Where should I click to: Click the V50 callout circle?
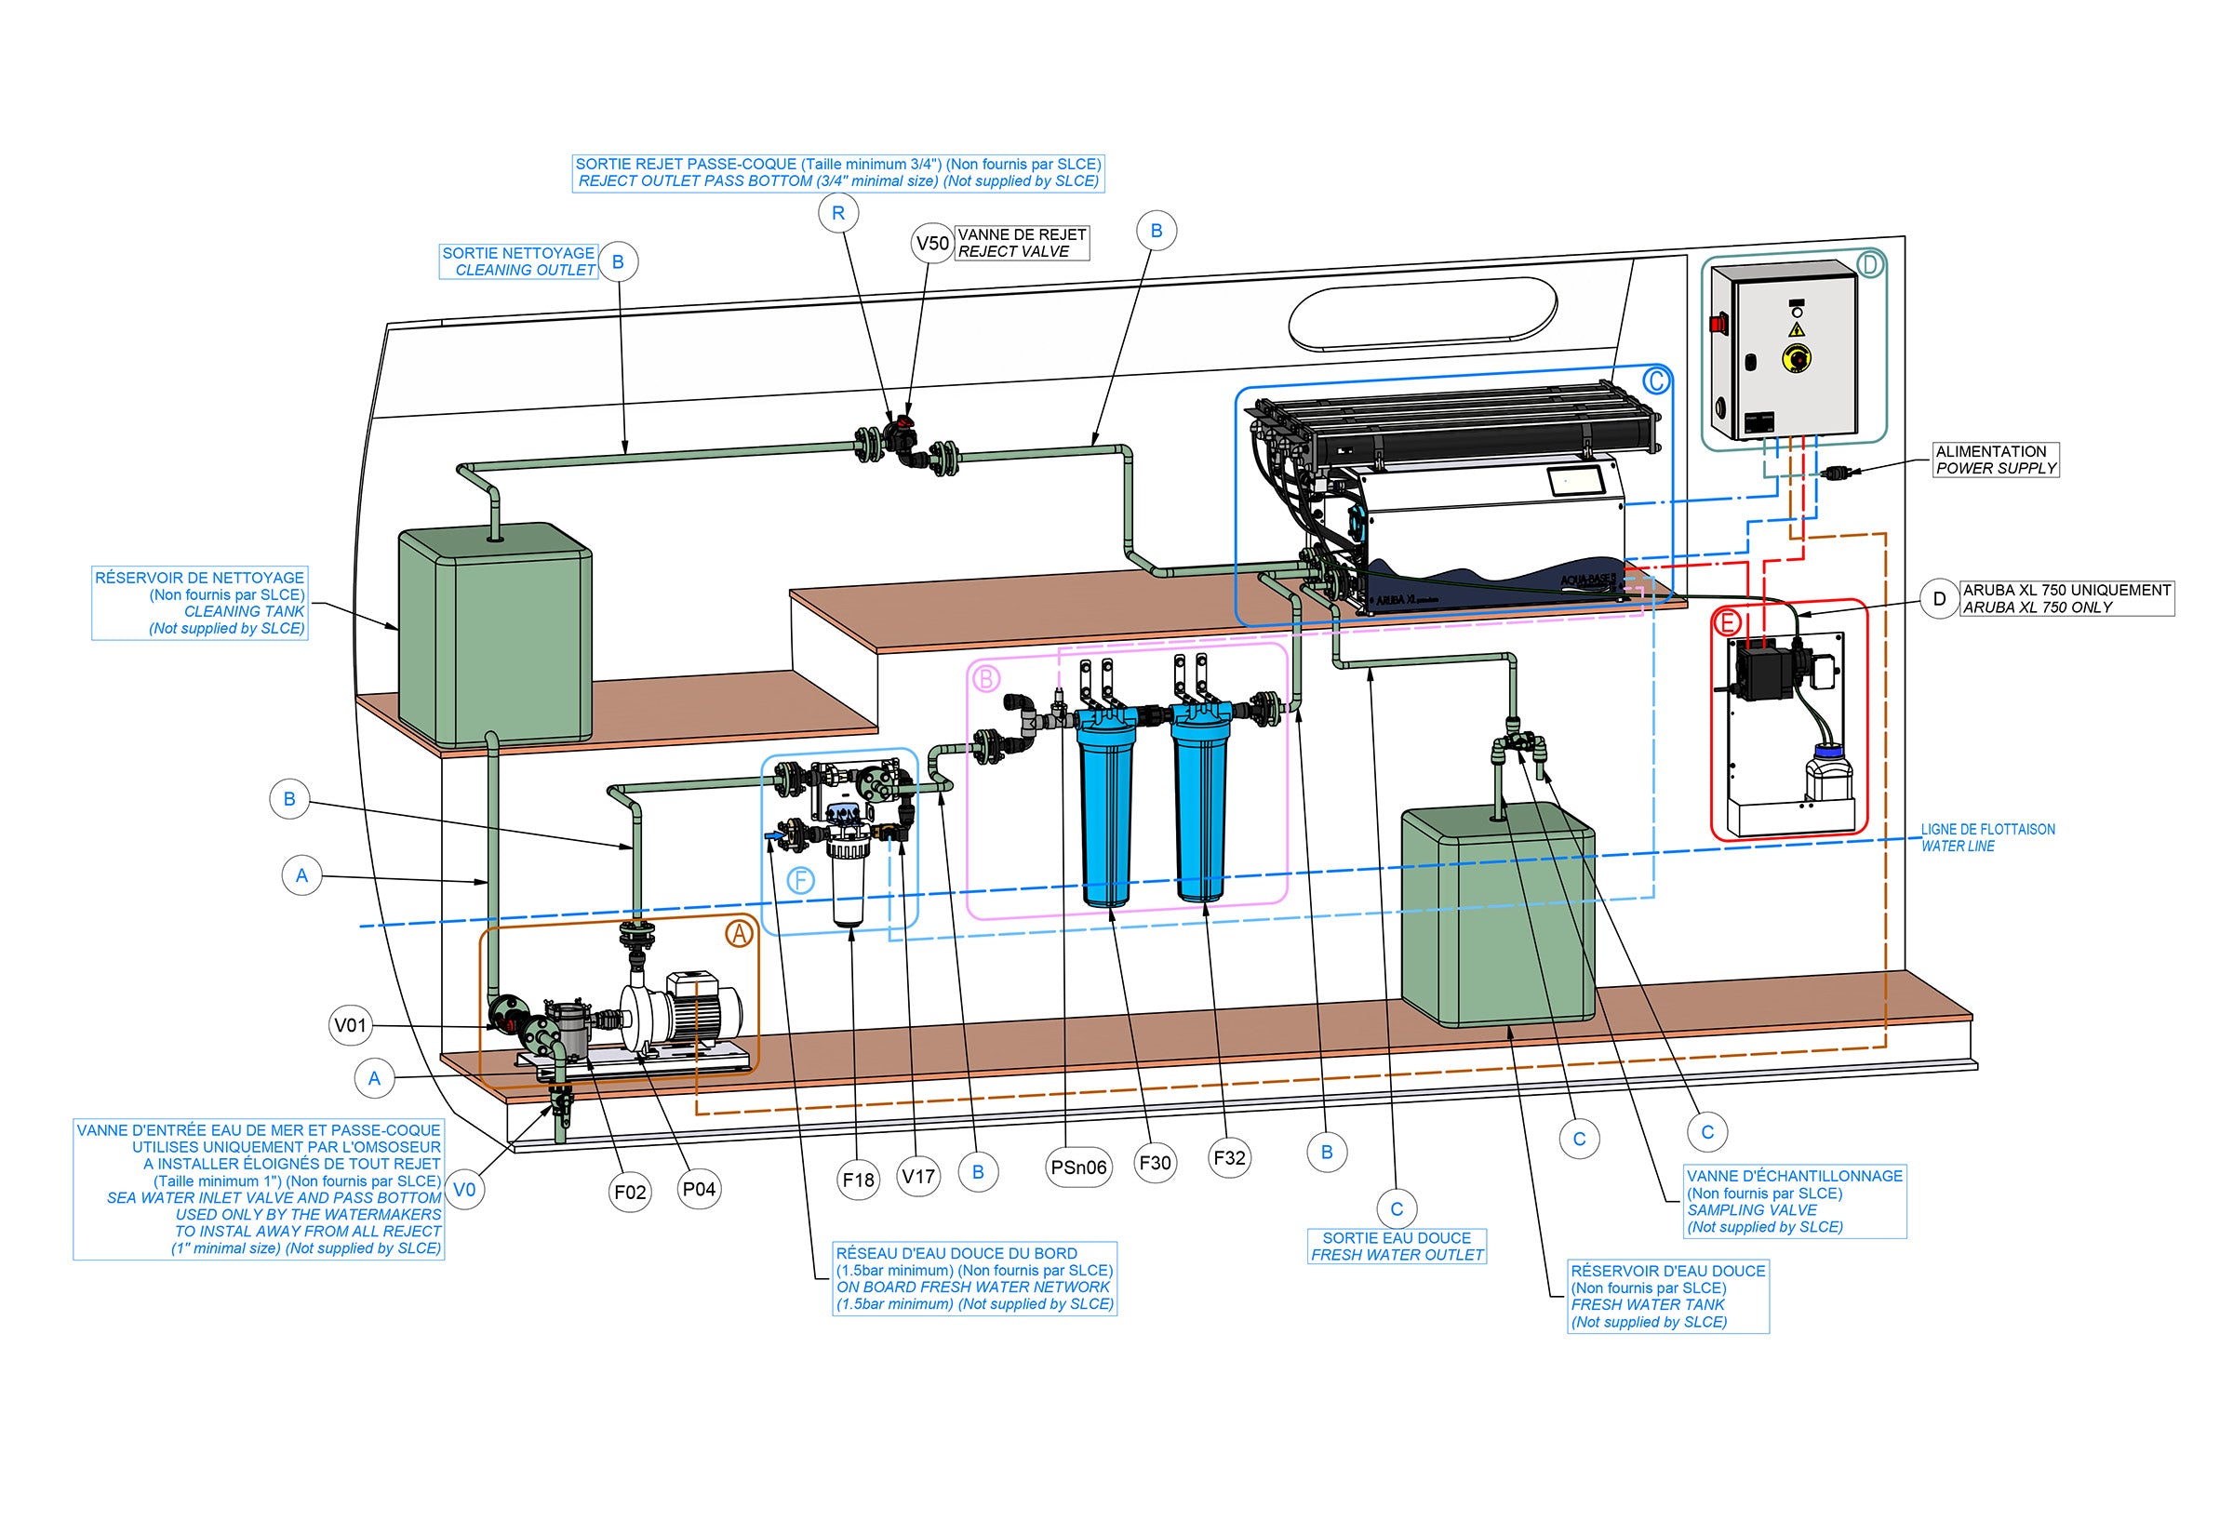click(931, 243)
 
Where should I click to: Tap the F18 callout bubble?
click(858, 1180)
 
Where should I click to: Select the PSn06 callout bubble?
click(1078, 1167)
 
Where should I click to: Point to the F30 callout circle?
click(1155, 1163)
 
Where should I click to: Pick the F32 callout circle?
click(1229, 1158)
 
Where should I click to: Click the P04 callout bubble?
click(699, 1189)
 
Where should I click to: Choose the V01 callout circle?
click(350, 1025)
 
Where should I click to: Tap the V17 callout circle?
click(918, 1176)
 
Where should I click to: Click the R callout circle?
click(838, 213)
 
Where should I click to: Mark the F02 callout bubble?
click(631, 1192)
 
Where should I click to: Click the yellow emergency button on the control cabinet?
click(1796, 357)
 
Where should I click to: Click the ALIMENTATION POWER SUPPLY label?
click(1996, 460)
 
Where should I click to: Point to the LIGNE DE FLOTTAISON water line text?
click(1987, 837)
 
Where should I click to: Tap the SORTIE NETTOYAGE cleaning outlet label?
click(519, 261)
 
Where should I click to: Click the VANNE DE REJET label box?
click(1022, 243)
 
